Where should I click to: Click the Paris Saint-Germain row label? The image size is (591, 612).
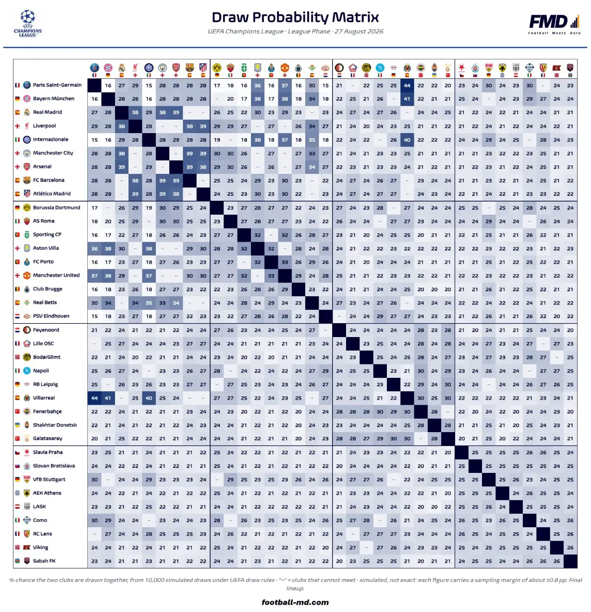[x=57, y=85]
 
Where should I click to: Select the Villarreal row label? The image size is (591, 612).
[x=44, y=398]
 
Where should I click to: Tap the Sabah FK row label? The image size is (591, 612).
[x=44, y=561]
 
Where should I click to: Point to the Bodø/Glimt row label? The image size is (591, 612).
[x=46, y=357]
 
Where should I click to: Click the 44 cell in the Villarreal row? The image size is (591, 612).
[x=95, y=398]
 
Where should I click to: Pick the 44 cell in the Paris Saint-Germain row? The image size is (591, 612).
[x=407, y=85]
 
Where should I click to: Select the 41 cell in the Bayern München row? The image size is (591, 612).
[x=407, y=99]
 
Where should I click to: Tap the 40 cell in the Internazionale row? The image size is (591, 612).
[x=407, y=140]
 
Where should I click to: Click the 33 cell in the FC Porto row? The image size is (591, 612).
[x=284, y=262]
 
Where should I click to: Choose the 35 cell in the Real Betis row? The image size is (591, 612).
[x=149, y=303]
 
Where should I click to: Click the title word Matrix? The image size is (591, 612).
[x=355, y=17]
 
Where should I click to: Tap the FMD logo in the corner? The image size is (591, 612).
[x=554, y=24]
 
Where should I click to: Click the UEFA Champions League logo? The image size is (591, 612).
[x=28, y=23]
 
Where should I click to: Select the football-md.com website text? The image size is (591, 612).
[x=295, y=602]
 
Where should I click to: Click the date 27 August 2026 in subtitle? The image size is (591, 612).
[x=359, y=31]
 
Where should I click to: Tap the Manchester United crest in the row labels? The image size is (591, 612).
[x=27, y=275]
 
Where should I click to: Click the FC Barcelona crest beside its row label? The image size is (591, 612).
[x=27, y=180]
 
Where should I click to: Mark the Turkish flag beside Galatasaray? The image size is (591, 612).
[x=17, y=439]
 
